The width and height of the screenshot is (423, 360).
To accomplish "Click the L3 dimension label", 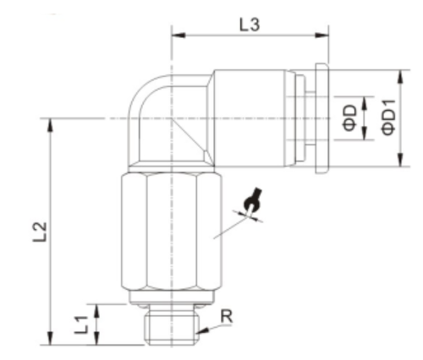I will (x=250, y=25).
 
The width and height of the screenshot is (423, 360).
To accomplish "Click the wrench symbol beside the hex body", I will (x=251, y=203).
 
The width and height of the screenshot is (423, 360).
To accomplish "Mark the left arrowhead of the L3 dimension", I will (x=177, y=35).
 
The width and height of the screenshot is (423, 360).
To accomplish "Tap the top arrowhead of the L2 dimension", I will (x=53, y=123).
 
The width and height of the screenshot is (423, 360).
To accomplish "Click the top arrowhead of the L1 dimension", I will (x=100, y=307).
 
